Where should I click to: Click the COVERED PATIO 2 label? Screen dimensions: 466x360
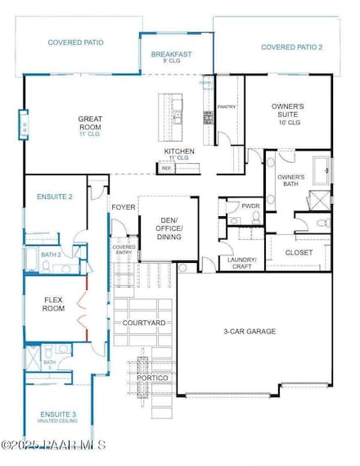[x=291, y=48]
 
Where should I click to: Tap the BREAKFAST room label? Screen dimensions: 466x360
[x=172, y=55]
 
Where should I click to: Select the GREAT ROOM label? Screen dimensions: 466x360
[x=90, y=123]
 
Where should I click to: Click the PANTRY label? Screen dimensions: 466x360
[x=227, y=107]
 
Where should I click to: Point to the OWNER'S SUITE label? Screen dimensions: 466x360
[x=287, y=111]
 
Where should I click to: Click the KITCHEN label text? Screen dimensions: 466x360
[x=178, y=152]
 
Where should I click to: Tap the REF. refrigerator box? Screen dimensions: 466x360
[x=166, y=169]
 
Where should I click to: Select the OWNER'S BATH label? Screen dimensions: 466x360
[x=290, y=181]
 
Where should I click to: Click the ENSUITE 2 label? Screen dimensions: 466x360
[x=55, y=197]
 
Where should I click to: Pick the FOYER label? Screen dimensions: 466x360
[x=123, y=207]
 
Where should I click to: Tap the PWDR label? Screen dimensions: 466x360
[x=251, y=206]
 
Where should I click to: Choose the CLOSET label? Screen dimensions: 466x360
[x=299, y=253]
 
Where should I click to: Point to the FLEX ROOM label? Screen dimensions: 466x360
[x=53, y=304]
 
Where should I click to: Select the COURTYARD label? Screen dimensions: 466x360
[x=144, y=323]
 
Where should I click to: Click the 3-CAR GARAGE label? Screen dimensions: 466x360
[x=250, y=332]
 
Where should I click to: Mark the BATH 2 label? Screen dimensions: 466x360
[x=51, y=255]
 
